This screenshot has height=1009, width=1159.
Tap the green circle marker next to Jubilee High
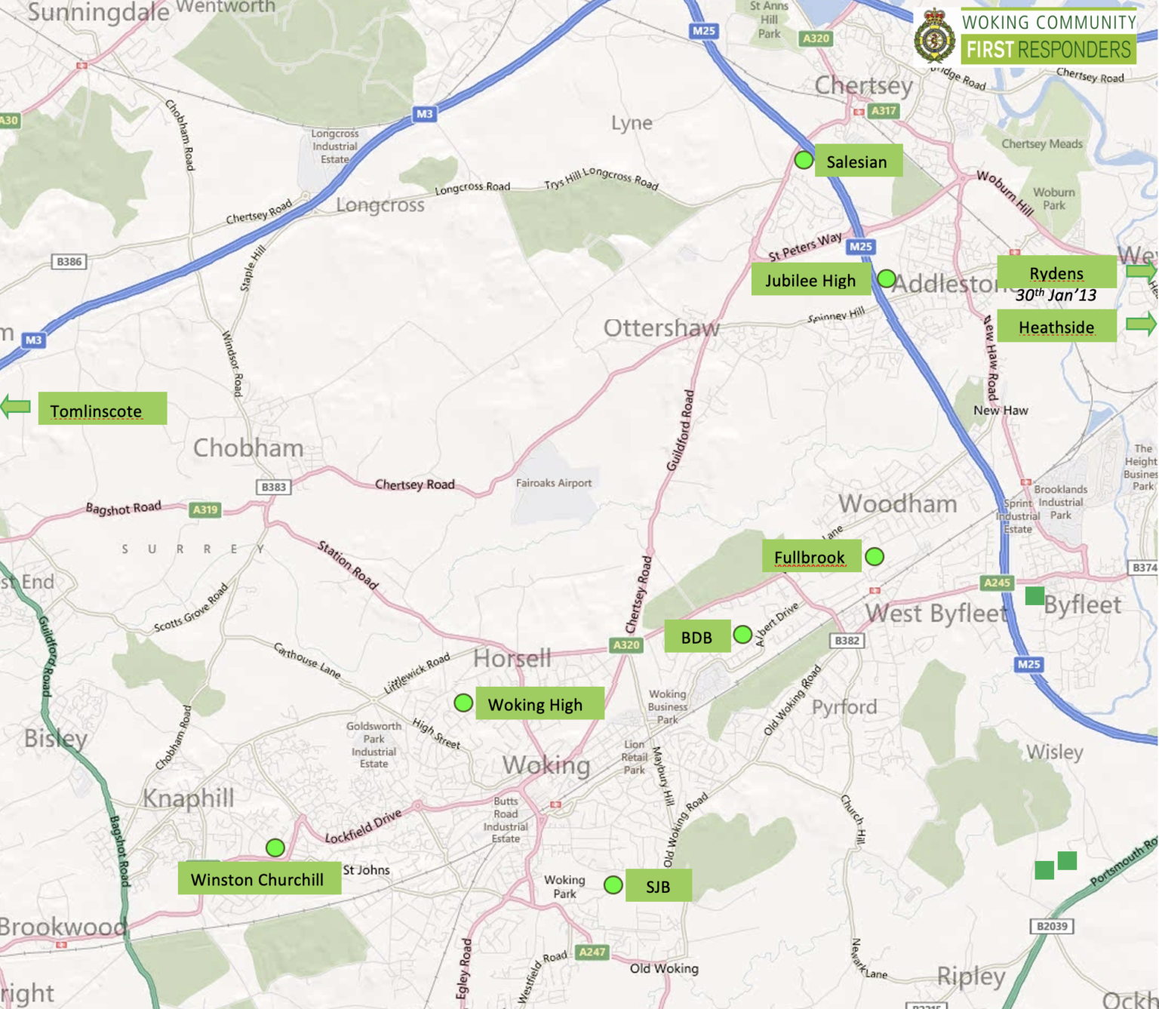tap(887, 279)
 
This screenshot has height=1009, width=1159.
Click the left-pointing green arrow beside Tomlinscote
tap(15, 407)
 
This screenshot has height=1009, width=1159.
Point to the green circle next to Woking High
tap(463, 703)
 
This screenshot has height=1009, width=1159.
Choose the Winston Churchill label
tap(258, 879)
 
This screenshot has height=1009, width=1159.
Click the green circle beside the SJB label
tap(613, 884)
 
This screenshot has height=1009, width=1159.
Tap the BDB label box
tap(697, 637)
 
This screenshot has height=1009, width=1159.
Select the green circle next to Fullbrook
tap(875, 557)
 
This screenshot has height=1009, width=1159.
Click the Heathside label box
tap(1056, 327)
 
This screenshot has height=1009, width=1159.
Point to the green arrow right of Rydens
tap(1141, 272)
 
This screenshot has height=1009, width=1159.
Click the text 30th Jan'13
tap(1056, 295)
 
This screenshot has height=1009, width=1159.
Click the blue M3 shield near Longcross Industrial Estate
tap(424, 114)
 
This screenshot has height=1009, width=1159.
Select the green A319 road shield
tap(205, 509)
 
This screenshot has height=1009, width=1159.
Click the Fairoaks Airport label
tap(553, 483)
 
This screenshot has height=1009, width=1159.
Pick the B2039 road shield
tap(1052, 926)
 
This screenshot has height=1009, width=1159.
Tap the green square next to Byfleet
tap(1034, 596)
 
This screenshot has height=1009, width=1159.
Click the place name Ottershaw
tap(661, 328)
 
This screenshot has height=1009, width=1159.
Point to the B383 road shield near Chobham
tap(273, 487)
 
